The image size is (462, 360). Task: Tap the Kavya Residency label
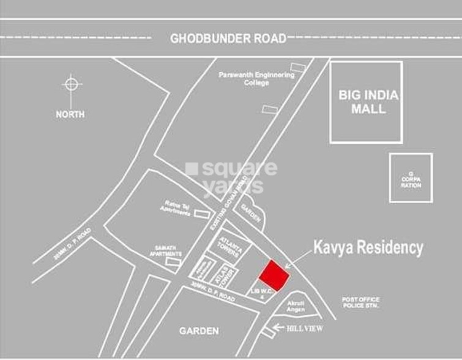(368, 248)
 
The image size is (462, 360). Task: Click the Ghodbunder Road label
(228, 39)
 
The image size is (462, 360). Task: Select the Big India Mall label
(368, 102)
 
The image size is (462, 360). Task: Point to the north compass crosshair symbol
(72, 84)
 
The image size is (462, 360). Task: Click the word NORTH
(70, 114)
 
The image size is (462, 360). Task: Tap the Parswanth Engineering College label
(256, 78)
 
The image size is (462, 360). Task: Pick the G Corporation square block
(411, 178)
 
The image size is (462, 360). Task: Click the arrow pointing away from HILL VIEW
(278, 329)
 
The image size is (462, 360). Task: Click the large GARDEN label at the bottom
(199, 331)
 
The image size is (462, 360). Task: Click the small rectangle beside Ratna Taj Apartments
(201, 214)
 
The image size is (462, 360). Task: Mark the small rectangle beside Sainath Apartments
(174, 262)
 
